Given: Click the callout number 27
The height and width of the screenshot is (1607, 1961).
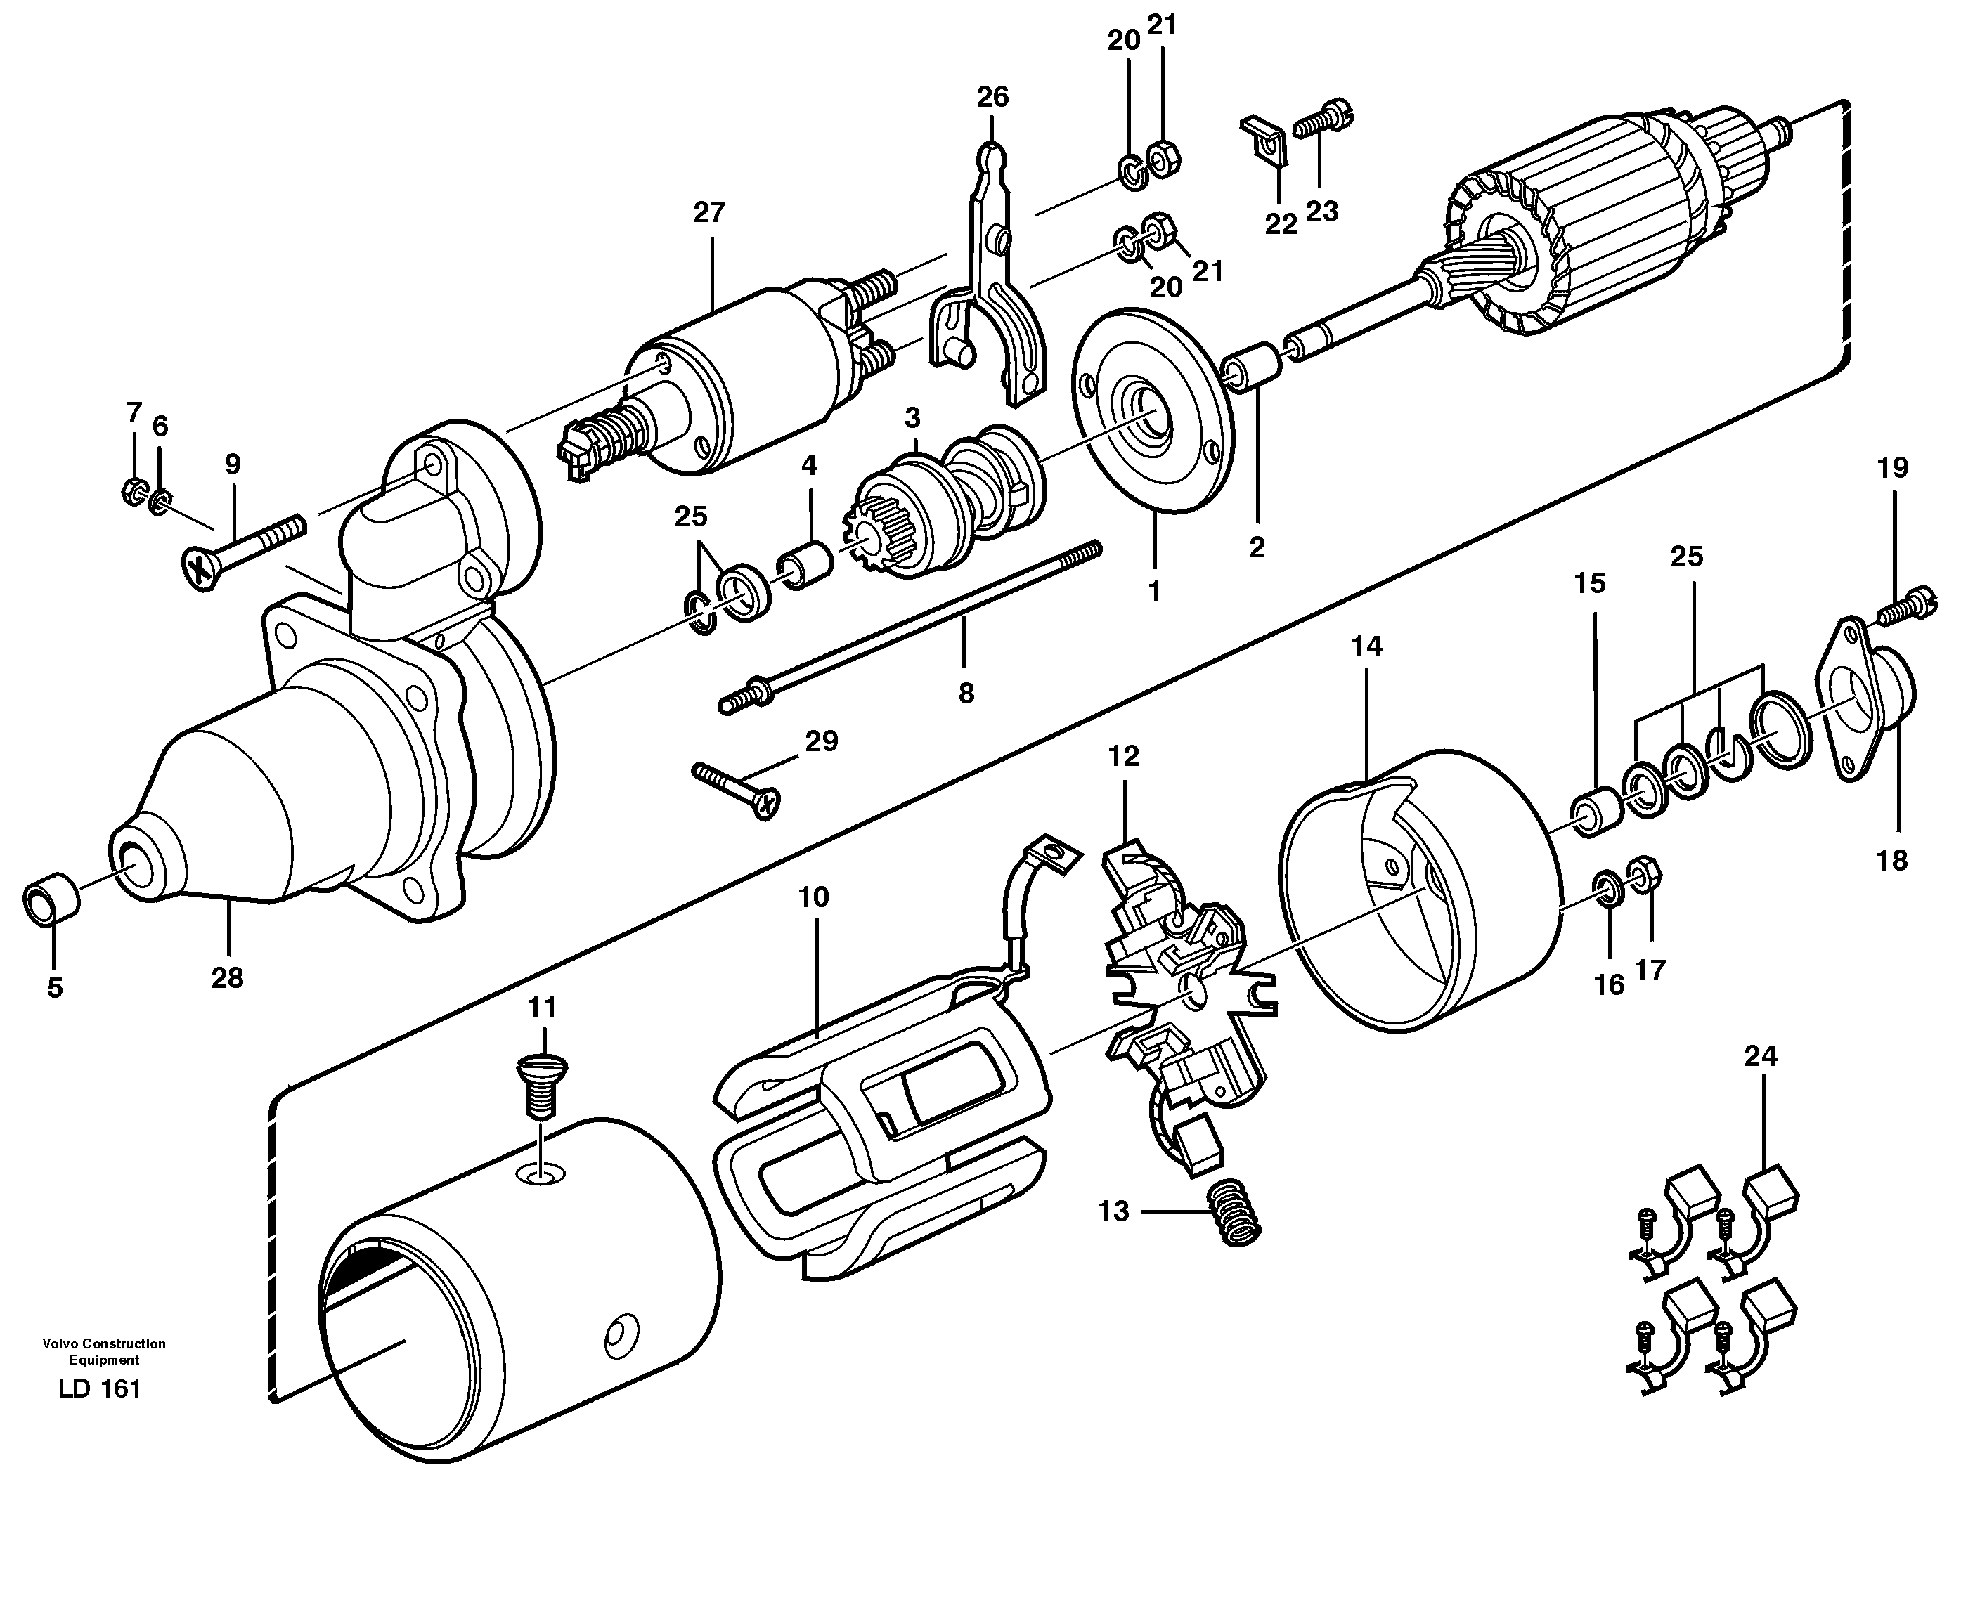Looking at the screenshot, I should coord(709,213).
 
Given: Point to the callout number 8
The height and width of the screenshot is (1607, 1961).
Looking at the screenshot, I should coord(966,694).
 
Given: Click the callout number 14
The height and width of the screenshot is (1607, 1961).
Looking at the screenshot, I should coord(1366,646).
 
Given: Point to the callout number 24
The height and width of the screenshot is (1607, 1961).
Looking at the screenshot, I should coord(1760,1055).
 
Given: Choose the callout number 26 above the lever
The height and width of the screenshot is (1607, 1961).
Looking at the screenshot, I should coord(992,97).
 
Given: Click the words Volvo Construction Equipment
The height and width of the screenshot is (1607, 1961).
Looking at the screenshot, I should coord(104,1351).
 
